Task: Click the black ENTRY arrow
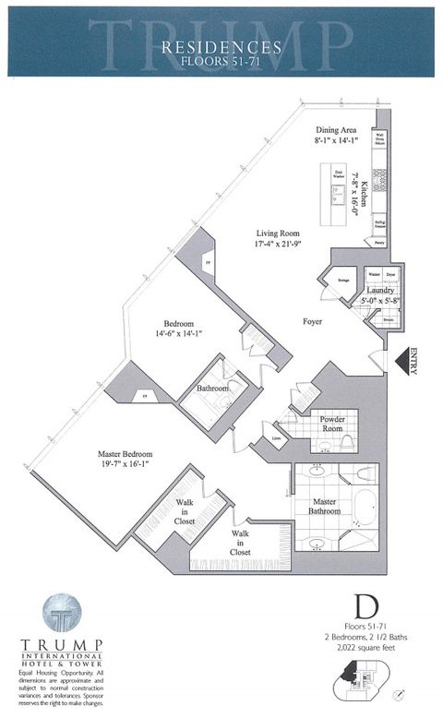[403, 360]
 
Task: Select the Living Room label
[281, 233]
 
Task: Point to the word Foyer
[313, 322]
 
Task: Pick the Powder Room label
[331, 422]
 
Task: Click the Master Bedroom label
[126, 454]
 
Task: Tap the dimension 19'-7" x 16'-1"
[126, 466]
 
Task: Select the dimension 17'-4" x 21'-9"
[281, 245]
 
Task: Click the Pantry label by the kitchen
[380, 244]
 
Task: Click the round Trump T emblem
[62, 613]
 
